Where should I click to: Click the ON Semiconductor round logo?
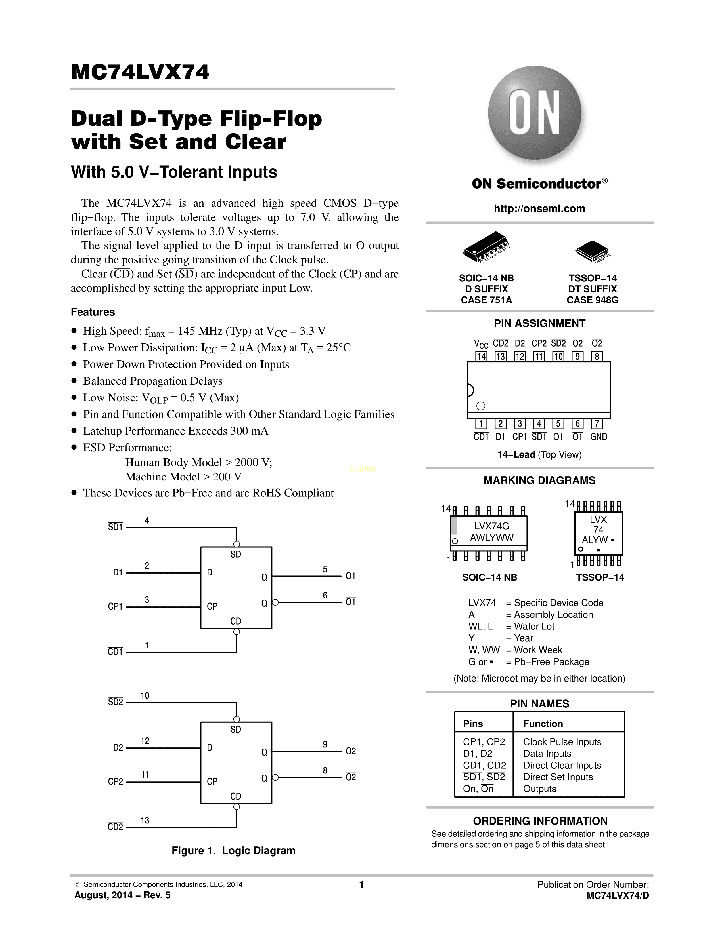(534, 113)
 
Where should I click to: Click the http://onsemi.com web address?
(539, 209)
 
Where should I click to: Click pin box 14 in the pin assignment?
(481, 357)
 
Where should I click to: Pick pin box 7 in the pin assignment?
(597, 424)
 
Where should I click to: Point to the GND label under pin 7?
(598, 437)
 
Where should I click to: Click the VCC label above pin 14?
(481, 344)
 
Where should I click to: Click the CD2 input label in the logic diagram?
(115, 827)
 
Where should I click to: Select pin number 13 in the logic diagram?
(145, 820)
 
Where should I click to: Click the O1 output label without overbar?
(350, 576)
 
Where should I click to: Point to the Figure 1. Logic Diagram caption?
(233, 851)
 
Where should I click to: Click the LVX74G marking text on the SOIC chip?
(491, 526)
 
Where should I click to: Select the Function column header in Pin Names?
(543, 724)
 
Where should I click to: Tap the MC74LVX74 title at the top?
(140, 72)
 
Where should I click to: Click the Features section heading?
(93, 312)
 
